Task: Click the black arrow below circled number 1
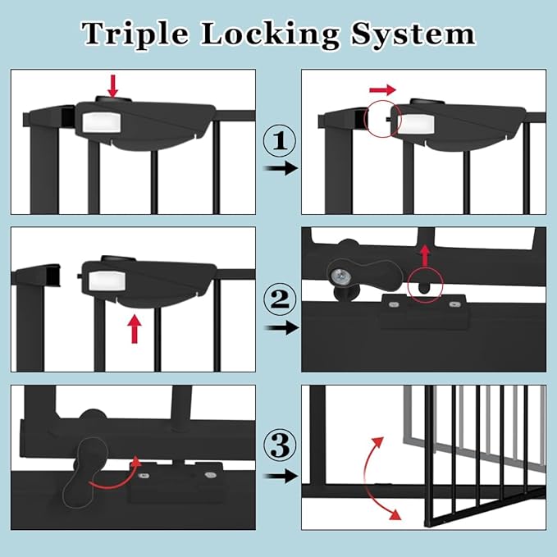[x=279, y=169]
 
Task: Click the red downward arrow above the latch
[x=113, y=84]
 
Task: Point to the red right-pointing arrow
[x=382, y=88]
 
